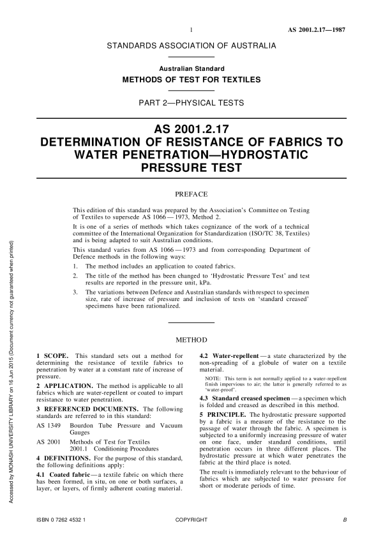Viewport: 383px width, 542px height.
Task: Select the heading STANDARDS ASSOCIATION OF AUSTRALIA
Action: (191, 47)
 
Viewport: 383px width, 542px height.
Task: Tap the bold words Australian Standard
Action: (191, 68)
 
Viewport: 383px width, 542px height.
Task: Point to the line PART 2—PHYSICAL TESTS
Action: (191, 102)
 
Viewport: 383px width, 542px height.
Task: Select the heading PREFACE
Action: (191, 191)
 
